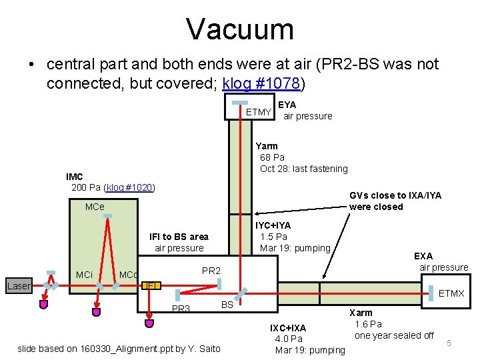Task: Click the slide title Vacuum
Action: (x=240, y=29)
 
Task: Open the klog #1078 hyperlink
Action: (x=263, y=84)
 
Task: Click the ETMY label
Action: (x=259, y=112)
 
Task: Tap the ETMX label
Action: (x=451, y=293)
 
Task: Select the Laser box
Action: (x=19, y=286)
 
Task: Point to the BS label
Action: (x=227, y=304)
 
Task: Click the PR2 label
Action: (x=211, y=271)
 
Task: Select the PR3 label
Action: (x=181, y=309)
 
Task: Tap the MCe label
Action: (x=95, y=207)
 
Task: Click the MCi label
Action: (x=84, y=275)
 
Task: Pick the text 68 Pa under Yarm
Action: (x=272, y=157)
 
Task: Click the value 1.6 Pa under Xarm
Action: (x=368, y=324)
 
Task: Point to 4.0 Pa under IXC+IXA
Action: (x=289, y=339)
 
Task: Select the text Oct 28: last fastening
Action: (x=304, y=169)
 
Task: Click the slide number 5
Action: (x=449, y=342)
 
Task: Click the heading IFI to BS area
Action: (x=179, y=237)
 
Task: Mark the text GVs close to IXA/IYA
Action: (x=395, y=195)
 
